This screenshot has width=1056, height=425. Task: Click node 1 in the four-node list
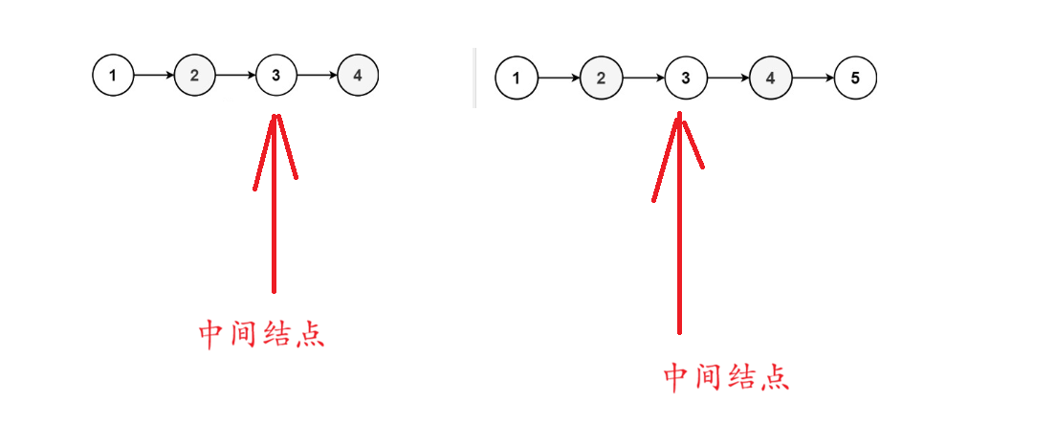(113, 75)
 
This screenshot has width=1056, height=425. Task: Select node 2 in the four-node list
(194, 75)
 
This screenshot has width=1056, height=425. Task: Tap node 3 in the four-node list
(276, 75)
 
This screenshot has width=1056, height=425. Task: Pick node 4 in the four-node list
(358, 75)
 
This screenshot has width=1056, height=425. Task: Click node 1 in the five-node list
(517, 78)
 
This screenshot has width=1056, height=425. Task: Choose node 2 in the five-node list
(601, 78)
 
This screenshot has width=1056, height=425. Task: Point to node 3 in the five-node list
(685, 78)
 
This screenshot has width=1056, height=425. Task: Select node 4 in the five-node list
(770, 78)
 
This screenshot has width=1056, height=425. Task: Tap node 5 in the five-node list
(855, 78)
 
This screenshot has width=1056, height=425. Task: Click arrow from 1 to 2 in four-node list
(154, 75)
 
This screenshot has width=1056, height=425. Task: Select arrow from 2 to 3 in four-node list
(235, 75)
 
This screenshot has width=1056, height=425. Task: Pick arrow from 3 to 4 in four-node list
(318, 75)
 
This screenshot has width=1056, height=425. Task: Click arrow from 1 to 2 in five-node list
(559, 78)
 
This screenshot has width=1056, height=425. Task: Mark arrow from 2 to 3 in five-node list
(643, 78)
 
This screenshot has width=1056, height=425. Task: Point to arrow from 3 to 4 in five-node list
(728, 78)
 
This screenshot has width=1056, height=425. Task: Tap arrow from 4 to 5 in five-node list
(812, 78)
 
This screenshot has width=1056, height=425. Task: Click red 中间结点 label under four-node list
(261, 335)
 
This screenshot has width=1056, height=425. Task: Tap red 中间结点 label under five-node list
(727, 377)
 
